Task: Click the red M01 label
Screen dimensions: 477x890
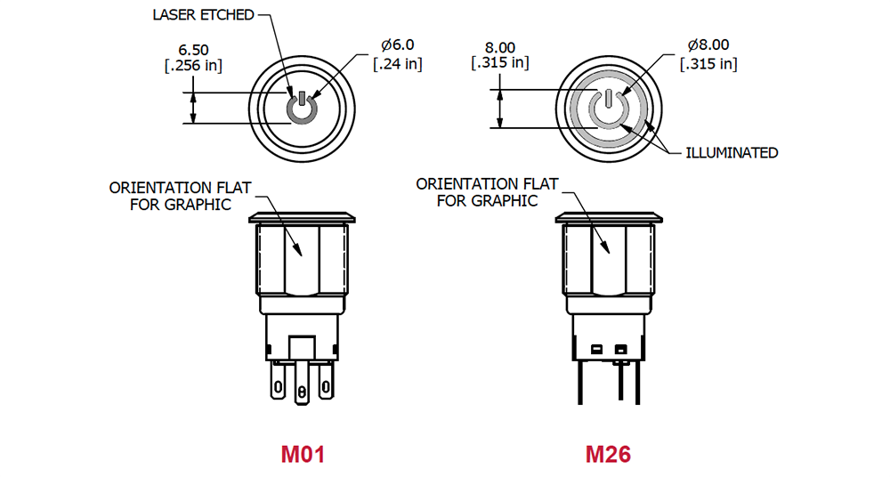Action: click(303, 455)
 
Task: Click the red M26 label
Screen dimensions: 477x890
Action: click(608, 455)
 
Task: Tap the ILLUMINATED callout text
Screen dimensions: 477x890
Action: click(732, 153)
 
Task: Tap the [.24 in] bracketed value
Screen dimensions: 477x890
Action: click(397, 64)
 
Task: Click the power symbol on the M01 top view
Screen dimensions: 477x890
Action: click(302, 109)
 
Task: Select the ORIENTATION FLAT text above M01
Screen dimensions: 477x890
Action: click(180, 188)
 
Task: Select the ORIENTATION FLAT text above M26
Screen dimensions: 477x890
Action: click(487, 184)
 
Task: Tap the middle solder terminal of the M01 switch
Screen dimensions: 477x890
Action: click(302, 391)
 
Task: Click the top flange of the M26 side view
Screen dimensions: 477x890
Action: click(609, 217)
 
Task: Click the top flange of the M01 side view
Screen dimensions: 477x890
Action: click(302, 217)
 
